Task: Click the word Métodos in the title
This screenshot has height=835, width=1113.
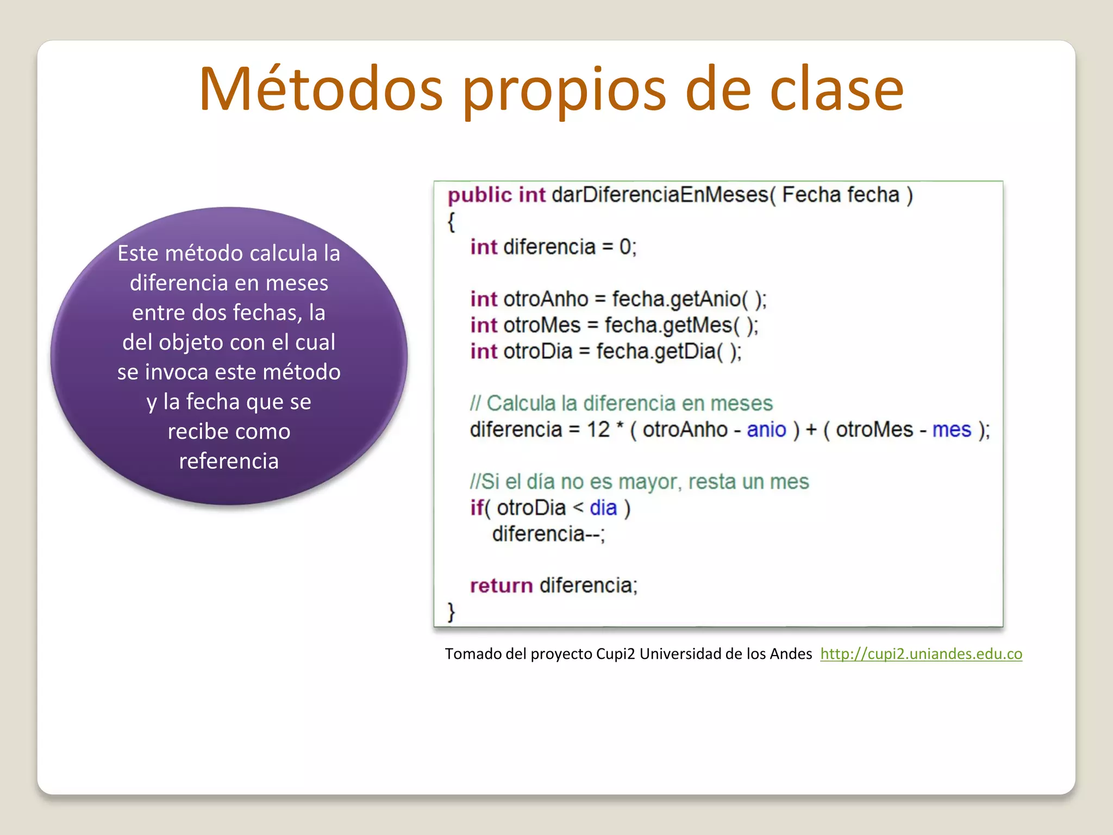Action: point(321,90)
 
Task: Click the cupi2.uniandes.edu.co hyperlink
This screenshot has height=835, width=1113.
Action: point(921,653)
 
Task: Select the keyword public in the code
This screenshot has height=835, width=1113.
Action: point(479,195)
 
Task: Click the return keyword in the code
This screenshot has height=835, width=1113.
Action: point(501,585)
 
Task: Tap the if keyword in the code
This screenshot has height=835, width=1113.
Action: point(477,508)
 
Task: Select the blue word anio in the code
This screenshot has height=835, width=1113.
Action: point(766,429)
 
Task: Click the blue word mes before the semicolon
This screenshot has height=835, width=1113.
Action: point(952,429)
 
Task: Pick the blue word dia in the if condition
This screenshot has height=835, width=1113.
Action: point(603,508)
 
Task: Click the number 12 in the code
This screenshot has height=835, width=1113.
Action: point(598,429)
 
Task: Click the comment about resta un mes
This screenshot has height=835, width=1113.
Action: point(639,482)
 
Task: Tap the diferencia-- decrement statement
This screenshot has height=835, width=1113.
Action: point(548,534)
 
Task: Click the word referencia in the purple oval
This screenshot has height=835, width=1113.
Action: point(229,461)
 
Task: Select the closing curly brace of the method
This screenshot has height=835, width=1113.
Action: point(451,612)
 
